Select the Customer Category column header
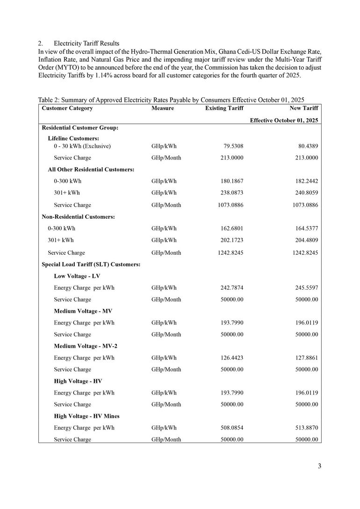point(67,108)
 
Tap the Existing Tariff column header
point(224,108)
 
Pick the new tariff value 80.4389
point(308,146)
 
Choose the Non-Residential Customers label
point(79,217)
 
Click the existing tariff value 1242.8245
point(230,252)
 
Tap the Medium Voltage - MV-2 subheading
point(86,346)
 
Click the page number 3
point(319,466)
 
